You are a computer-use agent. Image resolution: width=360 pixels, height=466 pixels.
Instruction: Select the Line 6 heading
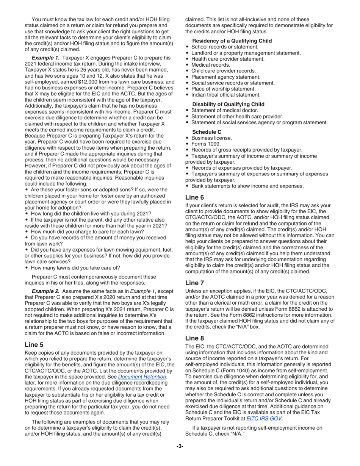[194, 197]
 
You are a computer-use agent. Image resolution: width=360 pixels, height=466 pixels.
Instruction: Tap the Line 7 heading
[194, 283]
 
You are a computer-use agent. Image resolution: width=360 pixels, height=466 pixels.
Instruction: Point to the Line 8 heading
[194, 338]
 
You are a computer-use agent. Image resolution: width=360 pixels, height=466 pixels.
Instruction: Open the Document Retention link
[142, 377]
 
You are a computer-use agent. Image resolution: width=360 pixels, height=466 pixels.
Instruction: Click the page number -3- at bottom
[180, 446]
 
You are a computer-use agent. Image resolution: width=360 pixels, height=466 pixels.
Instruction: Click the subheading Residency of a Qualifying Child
[232, 41]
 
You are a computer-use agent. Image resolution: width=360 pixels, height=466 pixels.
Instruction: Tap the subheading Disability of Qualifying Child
[228, 104]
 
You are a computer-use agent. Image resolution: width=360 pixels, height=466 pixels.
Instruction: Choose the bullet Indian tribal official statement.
[226, 95]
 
